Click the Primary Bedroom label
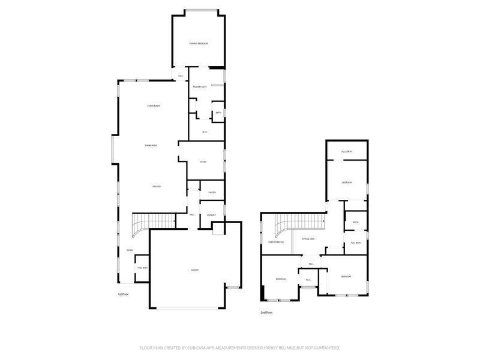pos(199,44)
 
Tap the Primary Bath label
pos(200,88)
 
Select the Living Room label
pos(154,106)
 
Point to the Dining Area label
pos(151,146)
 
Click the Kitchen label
pos(156,187)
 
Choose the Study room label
pos(203,162)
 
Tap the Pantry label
pos(212,192)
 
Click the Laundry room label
pos(211,215)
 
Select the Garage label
pos(195,270)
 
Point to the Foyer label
pos(129,250)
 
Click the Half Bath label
pos(143,268)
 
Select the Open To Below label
pos(275,242)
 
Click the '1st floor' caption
pos(124,294)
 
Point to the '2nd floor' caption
pos(266,313)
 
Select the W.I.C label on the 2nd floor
pos(308,280)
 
